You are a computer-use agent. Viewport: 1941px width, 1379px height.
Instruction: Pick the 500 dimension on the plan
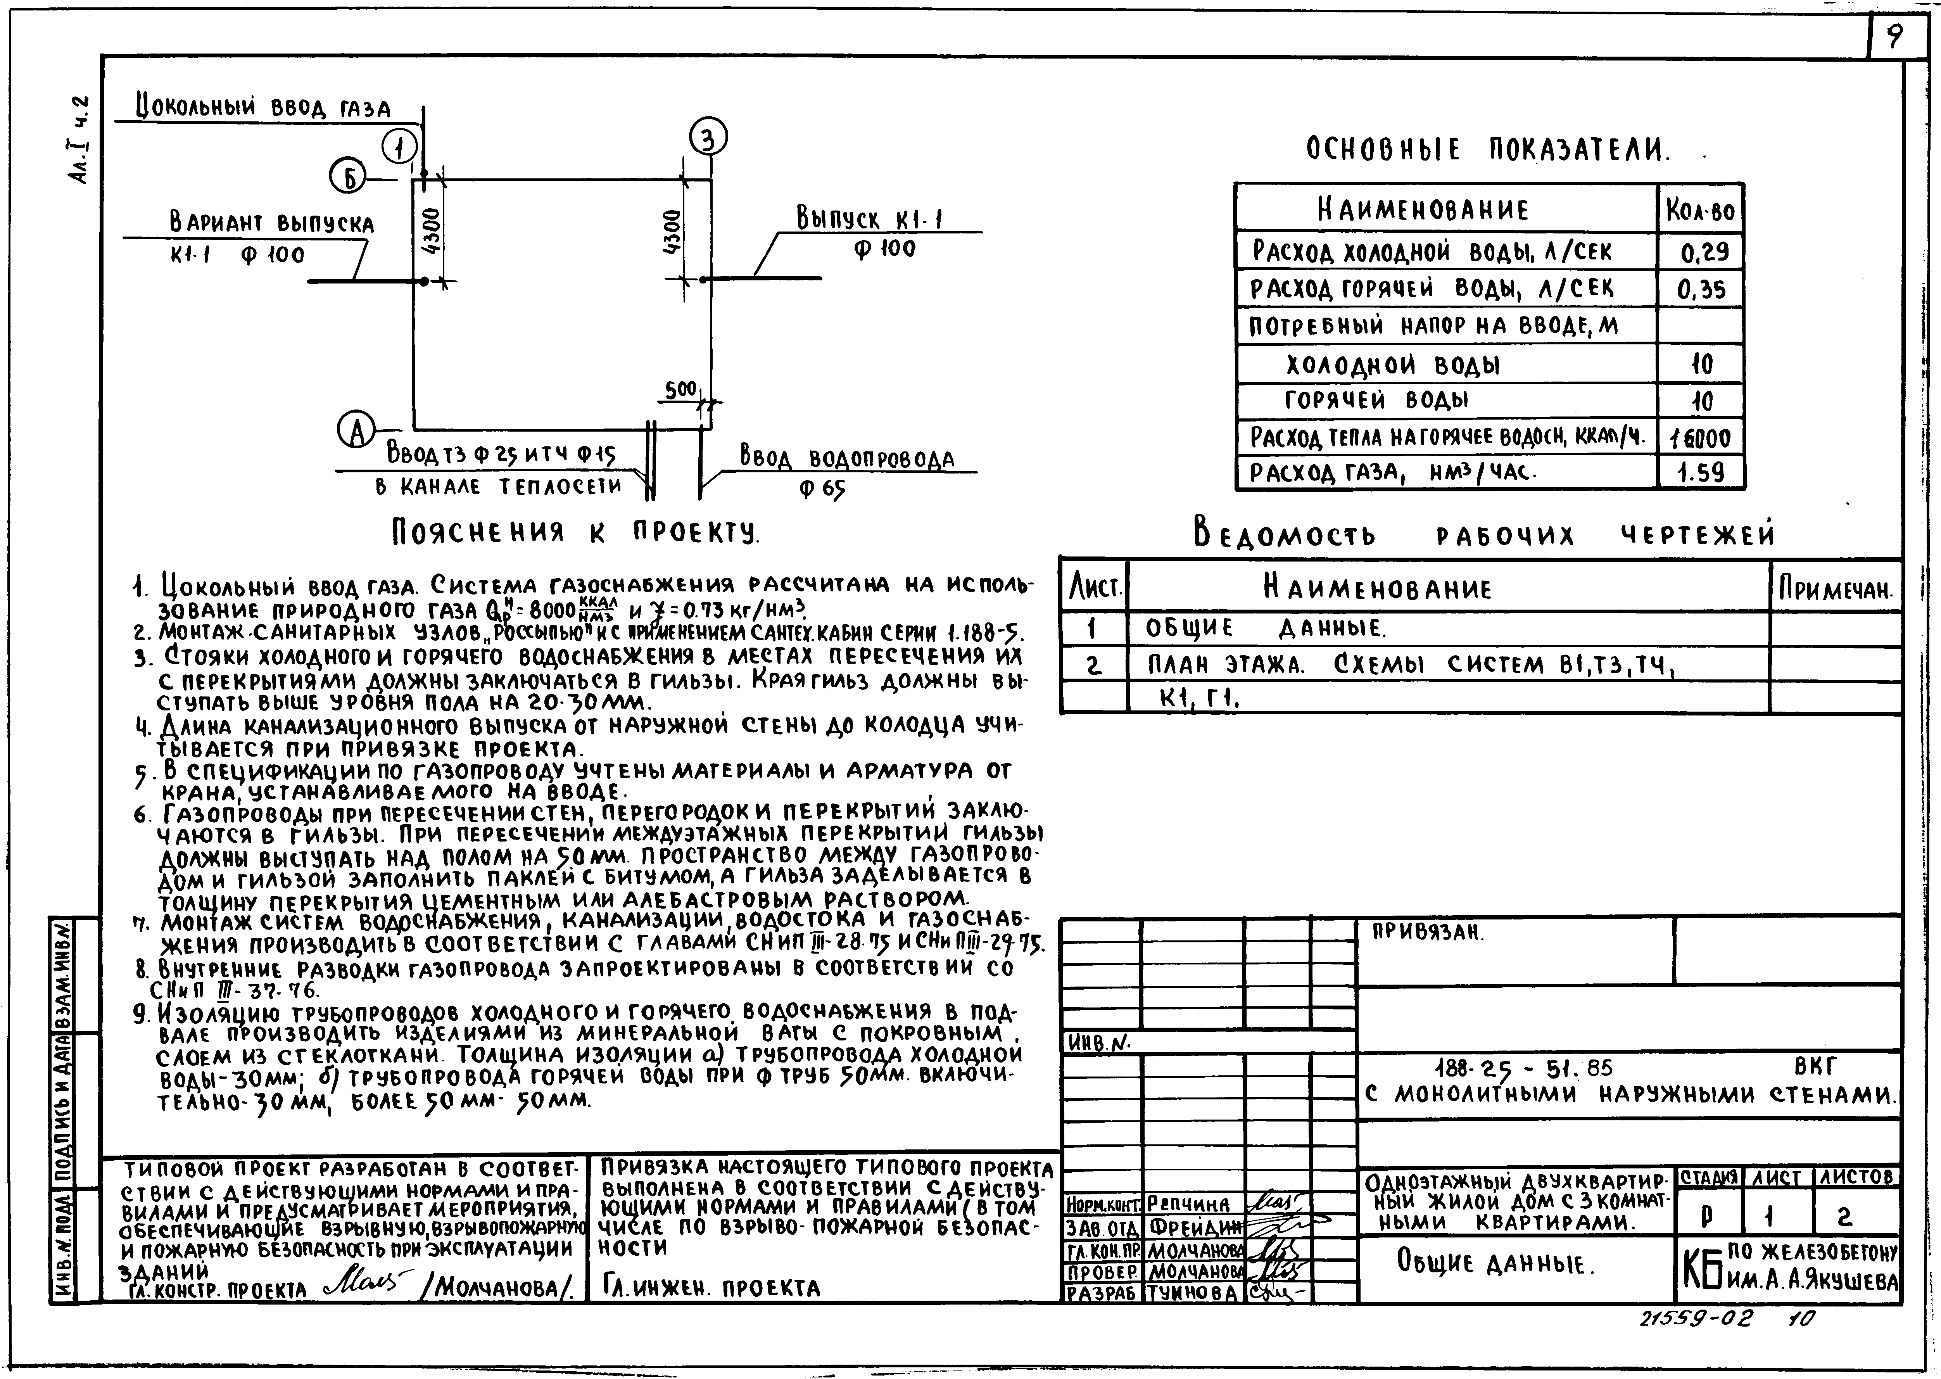click(680, 390)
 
